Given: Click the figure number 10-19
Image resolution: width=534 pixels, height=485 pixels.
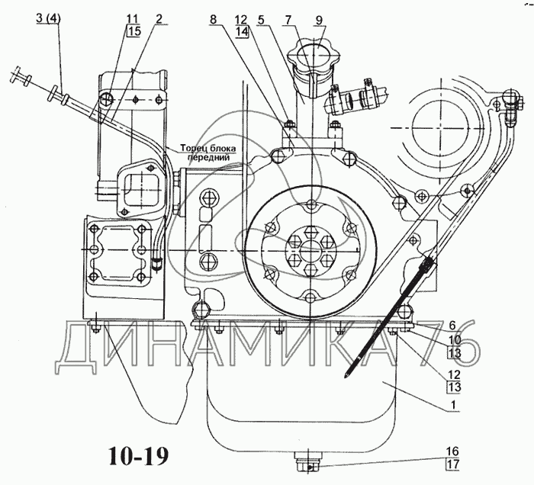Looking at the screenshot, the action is (139, 456).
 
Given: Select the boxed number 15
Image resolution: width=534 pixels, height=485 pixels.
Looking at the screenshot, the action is (133, 31).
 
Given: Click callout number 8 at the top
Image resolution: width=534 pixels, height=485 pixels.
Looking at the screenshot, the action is (213, 19).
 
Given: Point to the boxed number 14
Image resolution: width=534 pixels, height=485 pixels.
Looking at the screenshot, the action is (243, 32).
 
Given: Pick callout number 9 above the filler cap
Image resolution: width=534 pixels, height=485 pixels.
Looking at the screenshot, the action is (318, 20).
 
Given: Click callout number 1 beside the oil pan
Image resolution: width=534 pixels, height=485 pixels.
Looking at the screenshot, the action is (452, 406).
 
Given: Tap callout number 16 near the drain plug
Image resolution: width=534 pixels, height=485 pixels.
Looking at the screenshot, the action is (453, 451).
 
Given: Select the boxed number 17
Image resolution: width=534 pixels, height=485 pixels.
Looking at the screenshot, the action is (454, 464).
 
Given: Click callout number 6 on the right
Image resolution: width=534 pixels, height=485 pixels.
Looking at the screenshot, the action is (452, 326).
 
